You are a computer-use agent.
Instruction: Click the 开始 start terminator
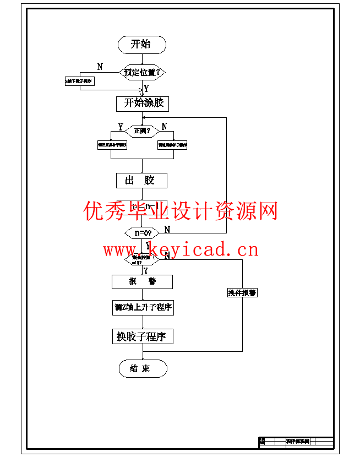[x=141, y=45]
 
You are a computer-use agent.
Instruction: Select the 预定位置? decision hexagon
[x=143, y=72]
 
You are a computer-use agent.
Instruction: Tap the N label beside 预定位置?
[x=100, y=67]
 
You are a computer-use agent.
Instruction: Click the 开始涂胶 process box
[x=142, y=103]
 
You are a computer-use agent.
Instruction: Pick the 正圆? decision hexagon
[x=142, y=130]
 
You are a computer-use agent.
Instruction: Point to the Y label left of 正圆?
[x=120, y=127]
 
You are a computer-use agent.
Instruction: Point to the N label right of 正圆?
[x=164, y=127]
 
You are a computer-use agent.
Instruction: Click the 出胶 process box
[x=141, y=180]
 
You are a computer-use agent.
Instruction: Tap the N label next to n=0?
[x=167, y=229]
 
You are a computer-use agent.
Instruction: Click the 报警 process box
[x=142, y=281]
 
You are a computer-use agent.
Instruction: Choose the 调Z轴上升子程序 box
[x=143, y=308]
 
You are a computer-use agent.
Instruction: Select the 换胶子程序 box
[x=142, y=336]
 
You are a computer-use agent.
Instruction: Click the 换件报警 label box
[x=242, y=293]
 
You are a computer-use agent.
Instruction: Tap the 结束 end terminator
[x=142, y=368]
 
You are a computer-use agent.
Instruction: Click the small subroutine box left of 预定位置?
[x=79, y=81]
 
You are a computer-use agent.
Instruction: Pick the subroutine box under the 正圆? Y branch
[x=112, y=145]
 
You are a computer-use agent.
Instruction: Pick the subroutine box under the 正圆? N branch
[x=172, y=145]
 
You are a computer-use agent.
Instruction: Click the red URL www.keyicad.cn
[x=181, y=251]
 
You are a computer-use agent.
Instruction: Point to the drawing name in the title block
[x=297, y=441]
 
